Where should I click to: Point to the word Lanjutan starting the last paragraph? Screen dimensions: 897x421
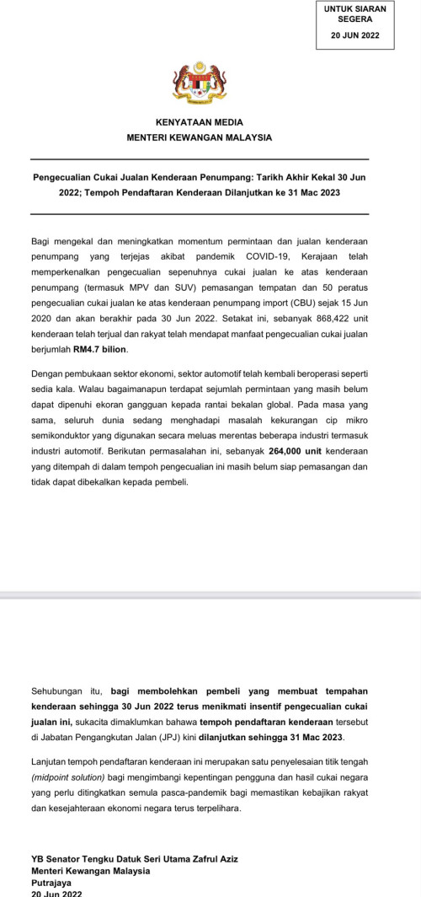coord(51,761)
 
